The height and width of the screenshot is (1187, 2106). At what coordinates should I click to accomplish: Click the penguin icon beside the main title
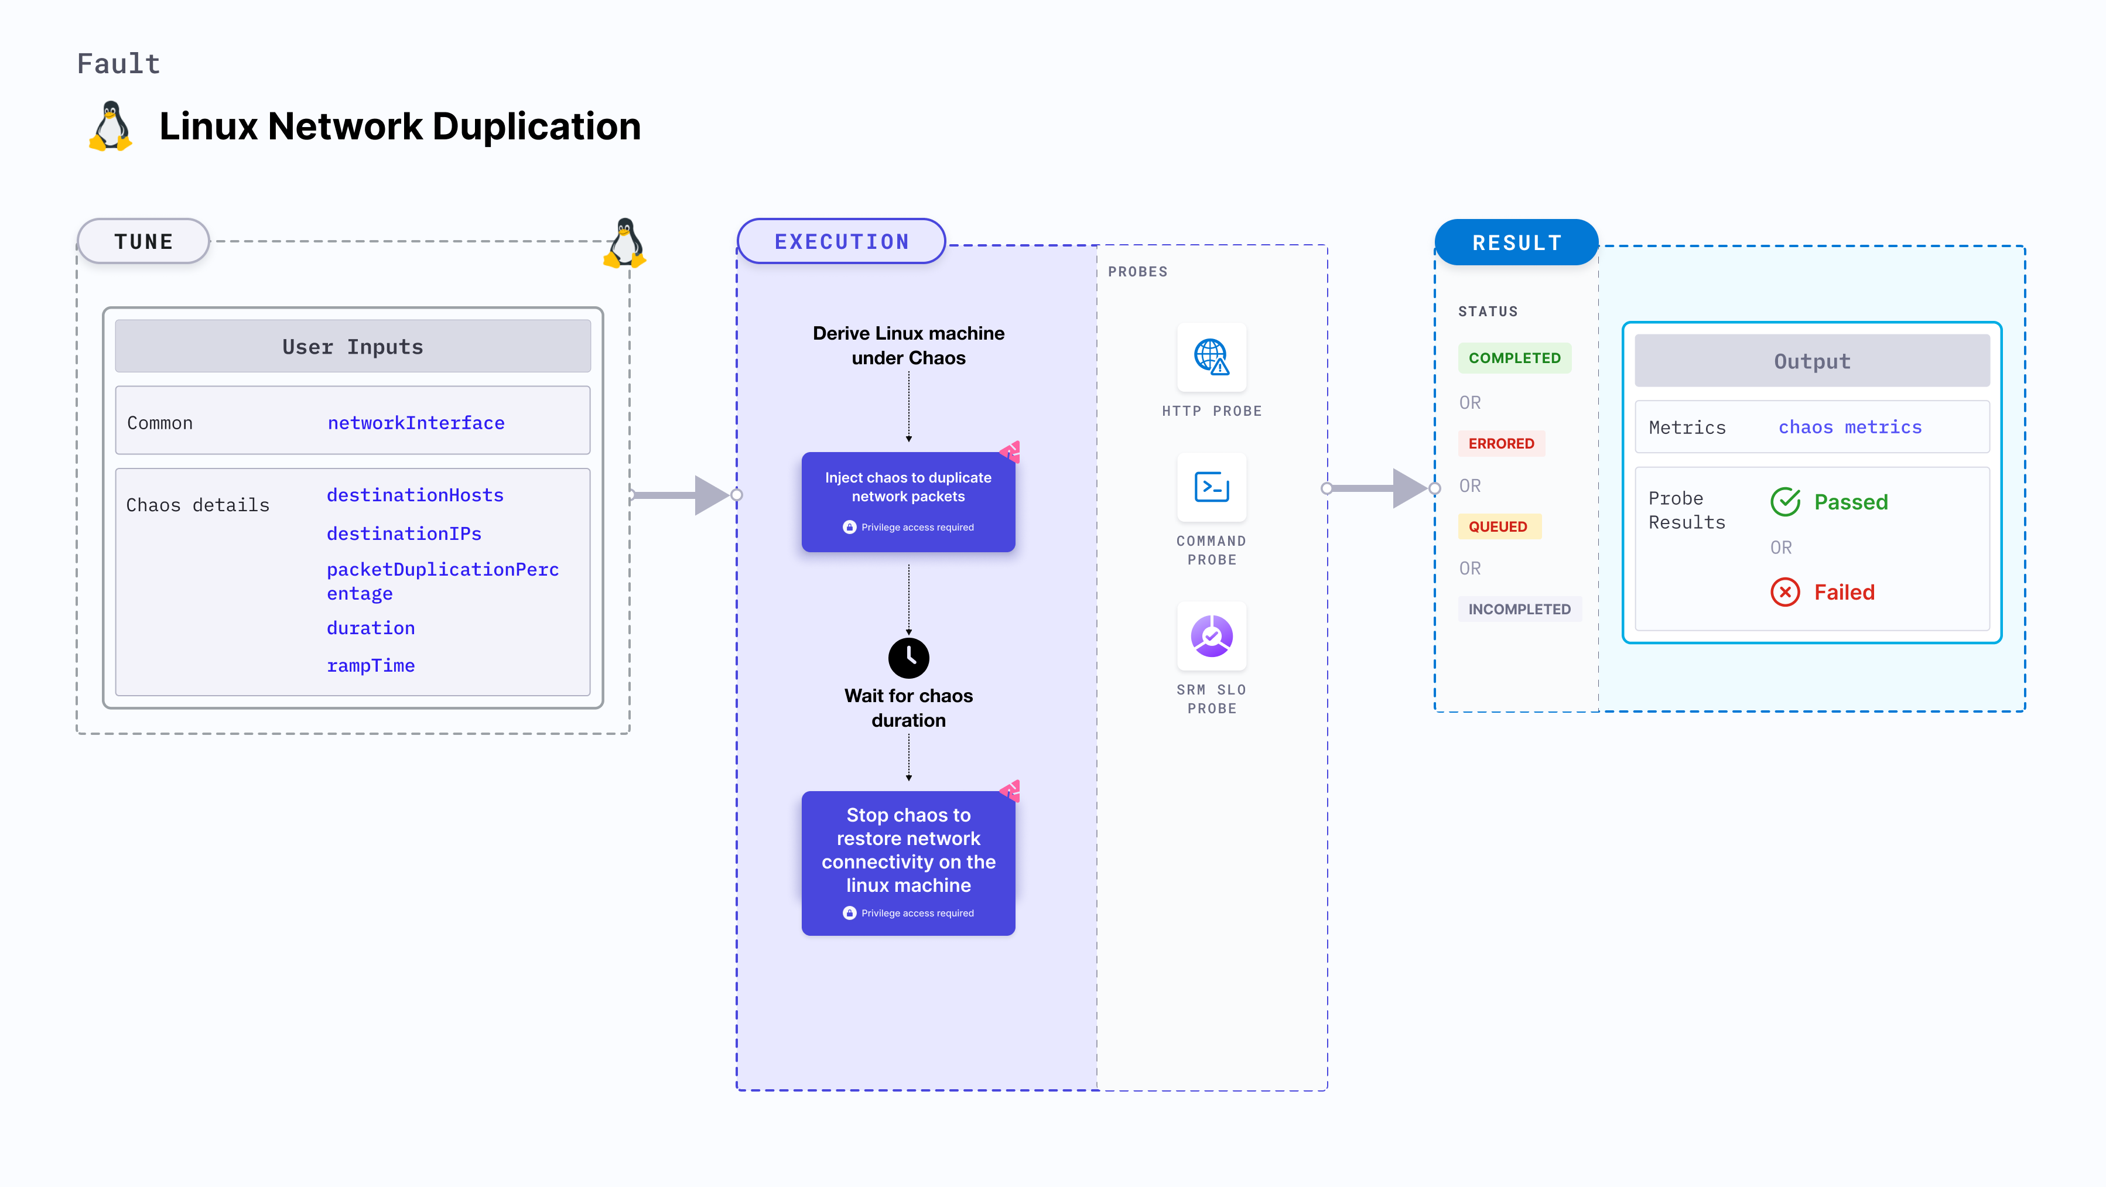click(x=110, y=126)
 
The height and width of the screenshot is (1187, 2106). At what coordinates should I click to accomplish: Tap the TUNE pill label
click(x=144, y=242)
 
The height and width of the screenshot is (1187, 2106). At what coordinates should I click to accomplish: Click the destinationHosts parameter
click(x=415, y=495)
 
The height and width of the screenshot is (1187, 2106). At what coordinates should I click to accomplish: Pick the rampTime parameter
click(x=370, y=665)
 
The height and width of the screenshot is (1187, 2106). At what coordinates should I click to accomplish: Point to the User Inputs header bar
click(x=353, y=347)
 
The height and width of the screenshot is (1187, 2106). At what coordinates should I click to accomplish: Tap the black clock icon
click(x=908, y=657)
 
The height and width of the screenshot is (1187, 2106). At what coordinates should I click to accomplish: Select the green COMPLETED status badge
click(x=1513, y=358)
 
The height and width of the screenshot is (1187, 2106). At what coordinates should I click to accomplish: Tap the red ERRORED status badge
click(x=1500, y=443)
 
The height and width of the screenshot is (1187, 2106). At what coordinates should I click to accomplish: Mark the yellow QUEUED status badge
click(x=1497, y=526)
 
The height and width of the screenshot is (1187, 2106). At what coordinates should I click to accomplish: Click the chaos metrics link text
click(x=1849, y=427)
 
